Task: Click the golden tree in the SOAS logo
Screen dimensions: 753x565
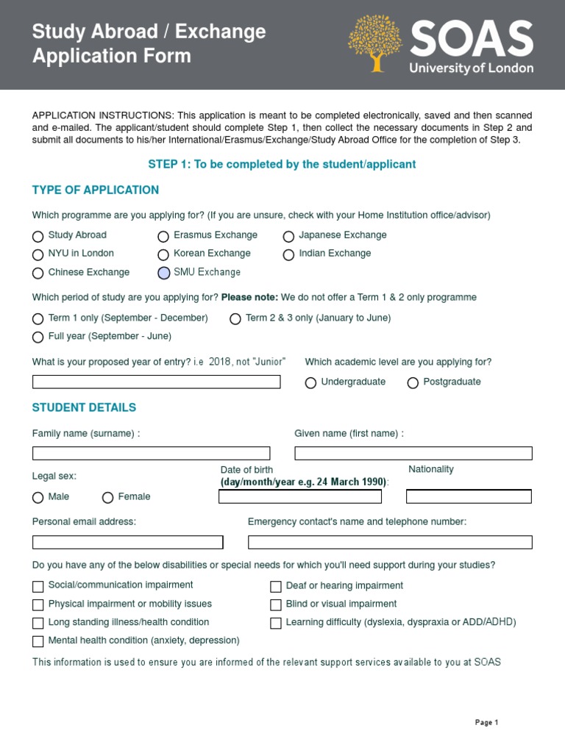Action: [376, 43]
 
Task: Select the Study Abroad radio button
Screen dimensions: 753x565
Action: [38, 236]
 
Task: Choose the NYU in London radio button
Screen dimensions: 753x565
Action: [38, 254]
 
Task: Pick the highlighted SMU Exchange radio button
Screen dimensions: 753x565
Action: [163, 273]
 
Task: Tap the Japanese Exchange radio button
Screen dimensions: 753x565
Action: [288, 236]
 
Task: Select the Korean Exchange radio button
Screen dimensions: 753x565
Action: [163, 254]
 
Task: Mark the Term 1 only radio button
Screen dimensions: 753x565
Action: [38, 319]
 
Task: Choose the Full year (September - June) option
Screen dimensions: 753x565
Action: [38, 337]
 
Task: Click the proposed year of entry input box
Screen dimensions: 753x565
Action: [156, 382]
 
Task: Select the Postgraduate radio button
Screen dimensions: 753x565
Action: [413, 382]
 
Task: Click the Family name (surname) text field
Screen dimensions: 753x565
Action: [151, 453]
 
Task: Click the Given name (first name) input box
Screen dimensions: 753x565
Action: [413, 453]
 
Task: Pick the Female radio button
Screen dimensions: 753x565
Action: [108, 498]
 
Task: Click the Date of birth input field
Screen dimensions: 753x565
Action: [300, 496]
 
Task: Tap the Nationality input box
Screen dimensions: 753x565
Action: [469, 496]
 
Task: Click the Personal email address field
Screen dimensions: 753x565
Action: [127, 542]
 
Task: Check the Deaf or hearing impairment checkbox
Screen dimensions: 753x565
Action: [276, 586]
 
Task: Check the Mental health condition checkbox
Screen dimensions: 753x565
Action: [38, 641]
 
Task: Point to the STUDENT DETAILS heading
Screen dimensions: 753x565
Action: [84, 407]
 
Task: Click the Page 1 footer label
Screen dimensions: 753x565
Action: [486, 723]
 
